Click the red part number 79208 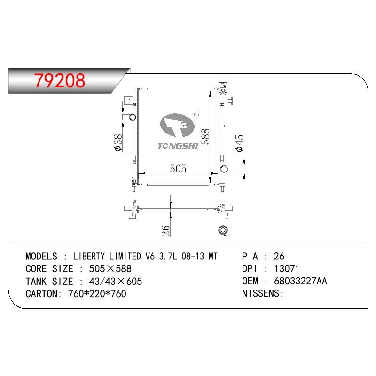point(60,80)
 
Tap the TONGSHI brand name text point(178,146)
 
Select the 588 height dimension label point(205,136)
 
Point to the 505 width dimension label point(178,169)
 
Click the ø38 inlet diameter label point(118,143)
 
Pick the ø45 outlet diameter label point(240,143)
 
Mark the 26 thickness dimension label point(166,230)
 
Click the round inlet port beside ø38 point(133,117)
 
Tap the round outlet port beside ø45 point(224,169)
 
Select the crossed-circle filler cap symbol point(223,92)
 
